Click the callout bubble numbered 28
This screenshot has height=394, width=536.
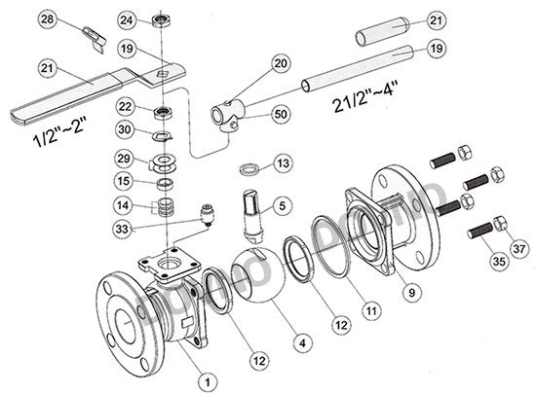pyautogui.click(x=47, y=19)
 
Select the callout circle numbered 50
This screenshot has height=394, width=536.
pyautogui.click(x=281, y=114)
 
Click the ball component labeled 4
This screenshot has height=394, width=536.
pyautogui.click(x=258, y=274)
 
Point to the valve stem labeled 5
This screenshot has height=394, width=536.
pyautogui.click(x=253, y=217)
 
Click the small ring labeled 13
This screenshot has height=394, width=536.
pyautogui.click(x=249, y=169)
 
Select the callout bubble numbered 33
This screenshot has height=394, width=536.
pyautogui.click(x=122, y=229)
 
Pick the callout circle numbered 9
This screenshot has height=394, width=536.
pyautogui.click(x=412, y=293)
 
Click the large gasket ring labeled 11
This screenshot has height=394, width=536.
pyautogui.click(x=330, y=246)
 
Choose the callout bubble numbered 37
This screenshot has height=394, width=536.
pyautogui.click(x=518, y=249)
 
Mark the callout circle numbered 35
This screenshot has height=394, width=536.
pyautogui.click(x=499, y=262)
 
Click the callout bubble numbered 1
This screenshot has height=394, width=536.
pyautogui.click(x=208, y=382)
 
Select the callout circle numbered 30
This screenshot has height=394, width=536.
pyautogui.click(x=125, y=130)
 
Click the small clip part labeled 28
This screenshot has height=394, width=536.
pyautogui.click(x=95, y=39)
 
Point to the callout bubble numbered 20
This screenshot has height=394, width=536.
pyautogui.click(x=281, y=63)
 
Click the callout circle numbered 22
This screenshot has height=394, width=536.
pyautogui.click(x=125, y=106)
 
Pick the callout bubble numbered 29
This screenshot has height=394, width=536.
pyautogui.click(x=124, y=159)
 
